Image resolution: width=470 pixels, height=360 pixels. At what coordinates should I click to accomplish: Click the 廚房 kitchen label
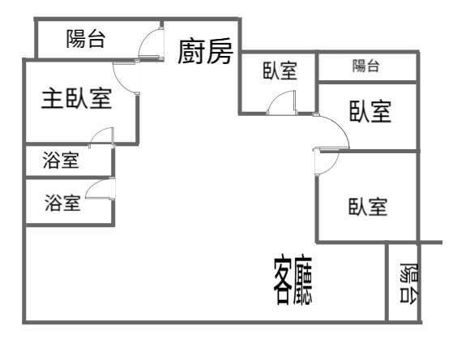206,51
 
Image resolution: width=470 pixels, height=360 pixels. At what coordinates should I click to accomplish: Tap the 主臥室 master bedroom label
77,98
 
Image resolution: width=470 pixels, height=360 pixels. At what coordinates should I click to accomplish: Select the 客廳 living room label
293,281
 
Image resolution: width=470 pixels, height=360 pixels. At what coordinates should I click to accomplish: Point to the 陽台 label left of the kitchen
86,38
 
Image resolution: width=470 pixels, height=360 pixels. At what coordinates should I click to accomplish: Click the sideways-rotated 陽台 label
409,283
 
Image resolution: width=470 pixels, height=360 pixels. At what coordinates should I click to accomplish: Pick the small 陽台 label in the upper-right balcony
365,66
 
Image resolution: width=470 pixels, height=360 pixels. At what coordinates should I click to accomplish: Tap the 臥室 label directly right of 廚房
280,71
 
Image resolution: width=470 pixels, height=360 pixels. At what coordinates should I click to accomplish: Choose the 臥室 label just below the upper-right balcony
370,111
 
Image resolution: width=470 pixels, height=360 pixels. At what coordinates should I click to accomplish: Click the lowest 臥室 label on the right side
368,207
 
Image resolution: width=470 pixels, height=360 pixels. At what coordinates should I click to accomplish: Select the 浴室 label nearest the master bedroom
61,160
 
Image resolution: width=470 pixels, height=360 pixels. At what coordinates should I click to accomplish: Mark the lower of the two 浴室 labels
62,203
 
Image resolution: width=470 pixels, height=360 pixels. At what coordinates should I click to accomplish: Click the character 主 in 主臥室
52,99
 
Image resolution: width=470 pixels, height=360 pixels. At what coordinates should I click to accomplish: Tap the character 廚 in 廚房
191,52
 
